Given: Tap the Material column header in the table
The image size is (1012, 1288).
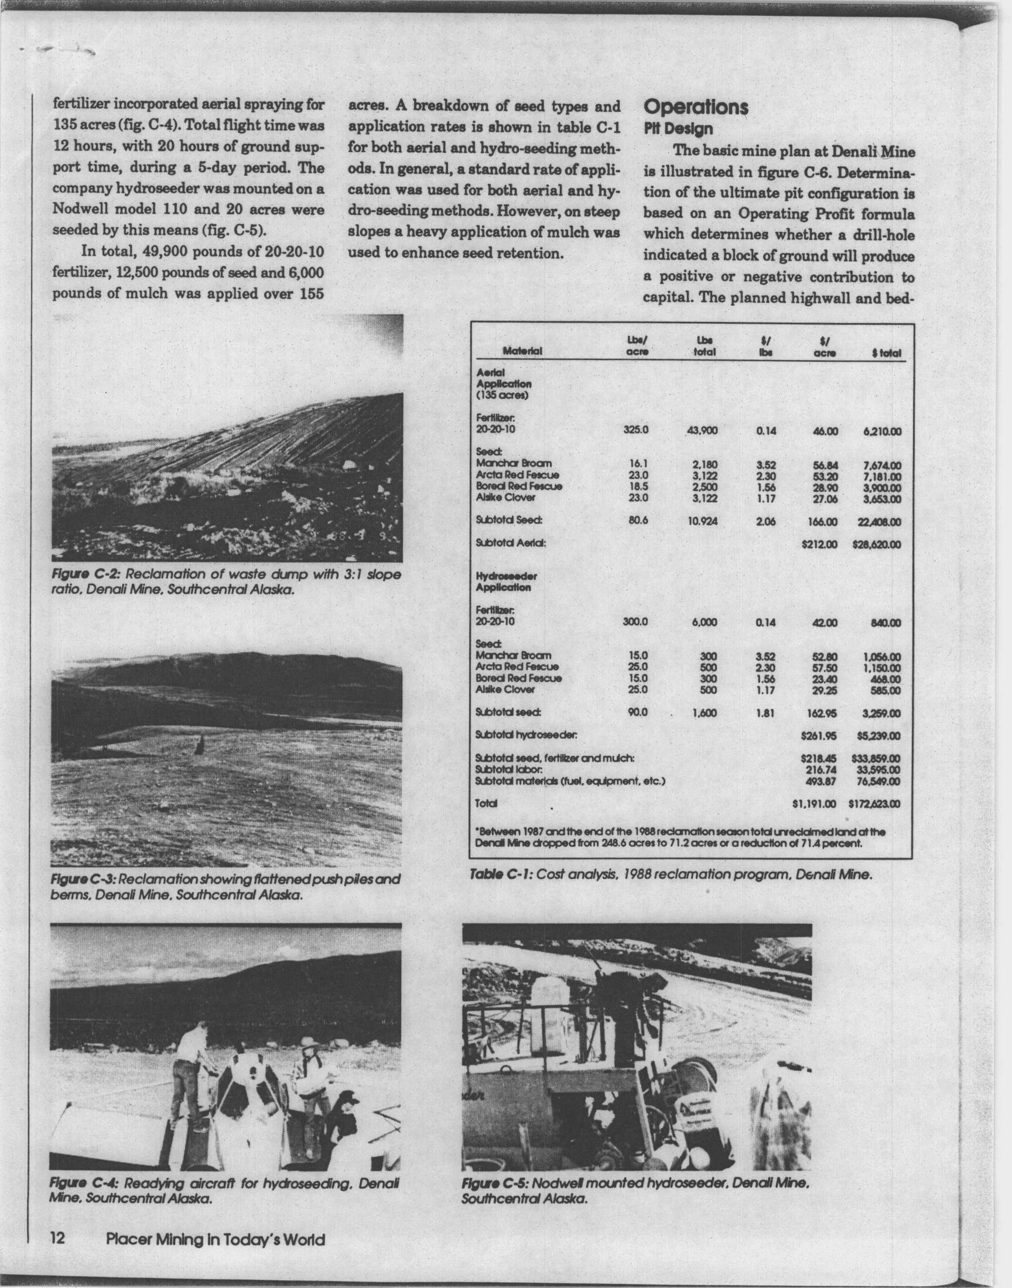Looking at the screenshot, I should point(522,352).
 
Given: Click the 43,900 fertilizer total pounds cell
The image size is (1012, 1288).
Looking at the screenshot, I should point(703,430).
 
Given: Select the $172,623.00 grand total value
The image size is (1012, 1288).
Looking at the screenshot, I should point(874,804).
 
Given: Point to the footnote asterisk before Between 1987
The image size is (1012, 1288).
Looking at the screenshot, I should point(477,830).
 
